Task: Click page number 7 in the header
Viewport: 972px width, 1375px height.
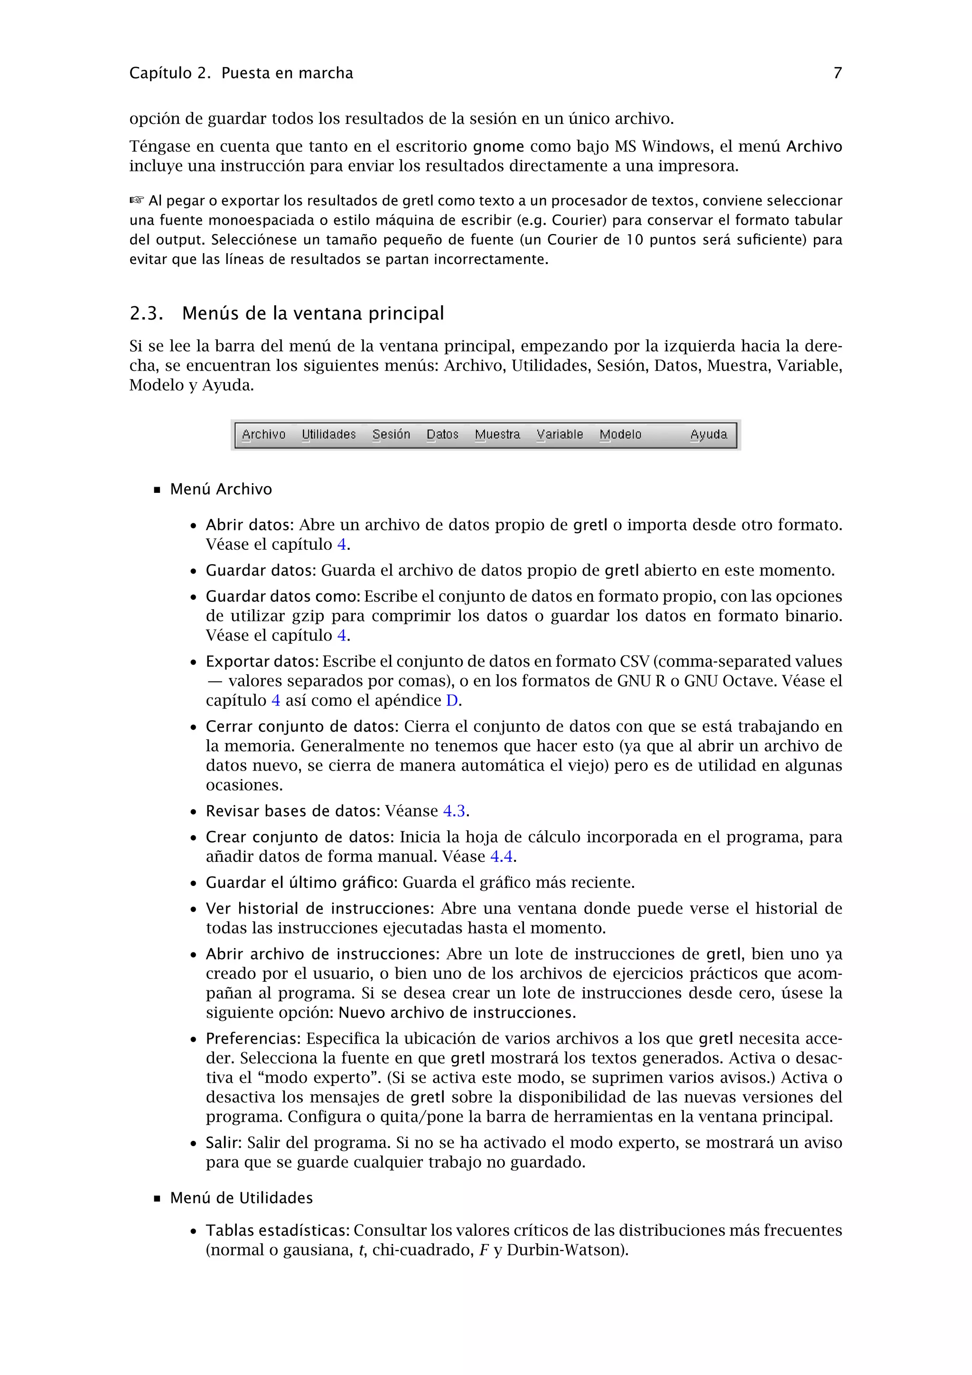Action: click(837, 73)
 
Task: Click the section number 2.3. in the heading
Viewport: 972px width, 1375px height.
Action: click(146, 313)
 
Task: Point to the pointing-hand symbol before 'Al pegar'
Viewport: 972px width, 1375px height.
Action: click(137, 199)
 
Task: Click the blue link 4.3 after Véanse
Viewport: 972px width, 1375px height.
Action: click(454, 811)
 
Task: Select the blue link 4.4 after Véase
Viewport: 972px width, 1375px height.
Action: click(501, 857)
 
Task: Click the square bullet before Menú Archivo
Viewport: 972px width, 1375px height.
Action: click(158, 490)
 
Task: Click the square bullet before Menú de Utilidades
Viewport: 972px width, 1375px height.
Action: click(158, 1198)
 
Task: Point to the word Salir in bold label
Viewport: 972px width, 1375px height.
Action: click(223, 1143)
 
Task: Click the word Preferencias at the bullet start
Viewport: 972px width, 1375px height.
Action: click(252, 1038)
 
